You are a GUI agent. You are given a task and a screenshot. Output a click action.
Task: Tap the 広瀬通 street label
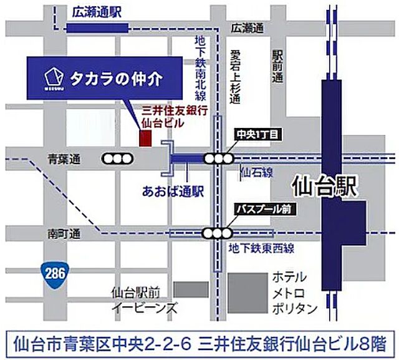pyautogui.click(x=247, y=28)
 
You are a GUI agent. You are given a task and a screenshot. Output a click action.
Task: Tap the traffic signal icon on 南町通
pyautogui.click(x=216, y=234)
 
